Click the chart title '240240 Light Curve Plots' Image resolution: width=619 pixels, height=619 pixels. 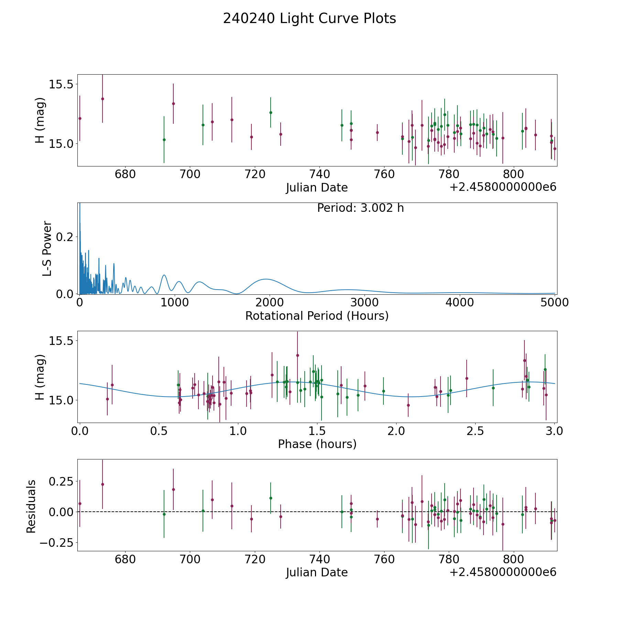[309, 19]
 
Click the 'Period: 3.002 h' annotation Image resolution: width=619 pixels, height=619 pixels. [360, 208]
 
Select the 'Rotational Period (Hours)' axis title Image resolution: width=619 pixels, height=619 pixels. [317, 316]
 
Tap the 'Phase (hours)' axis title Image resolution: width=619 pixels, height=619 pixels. [317, 444]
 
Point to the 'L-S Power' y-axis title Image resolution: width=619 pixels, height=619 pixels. [47, 248]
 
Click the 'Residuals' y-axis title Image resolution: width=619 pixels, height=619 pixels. [31, 506]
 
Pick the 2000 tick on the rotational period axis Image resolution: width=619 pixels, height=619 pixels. [269, 303]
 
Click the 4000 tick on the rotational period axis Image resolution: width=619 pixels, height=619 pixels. [459, 303]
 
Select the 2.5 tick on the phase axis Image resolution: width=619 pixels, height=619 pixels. [475, 431]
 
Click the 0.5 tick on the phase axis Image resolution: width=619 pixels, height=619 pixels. [159, 431]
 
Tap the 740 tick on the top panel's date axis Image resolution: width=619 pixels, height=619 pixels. [319, 174]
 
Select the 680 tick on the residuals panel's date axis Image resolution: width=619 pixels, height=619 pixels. [125, 559]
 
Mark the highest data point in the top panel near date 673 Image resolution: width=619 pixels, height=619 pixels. [102, 99]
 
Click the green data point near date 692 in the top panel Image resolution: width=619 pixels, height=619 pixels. [164, 140]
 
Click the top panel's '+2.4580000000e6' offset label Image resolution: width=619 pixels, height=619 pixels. [503, 187]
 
